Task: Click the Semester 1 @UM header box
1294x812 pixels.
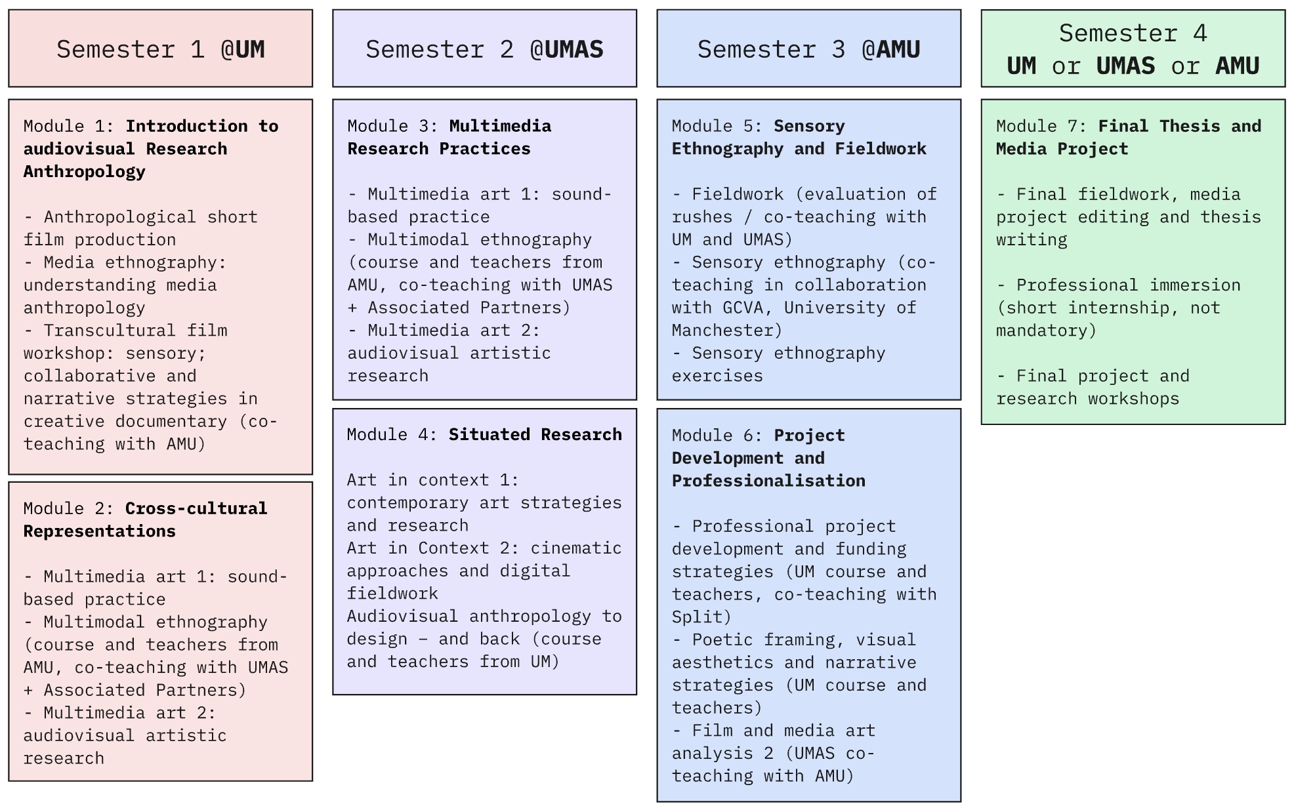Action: [x=160, y=49]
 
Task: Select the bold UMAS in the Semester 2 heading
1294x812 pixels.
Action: [x=566, y=50]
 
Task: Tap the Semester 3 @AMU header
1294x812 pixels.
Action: [x=808, y=49]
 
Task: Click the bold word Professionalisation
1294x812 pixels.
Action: [x=768, y=481]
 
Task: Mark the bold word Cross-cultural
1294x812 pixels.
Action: [x=196, y=508]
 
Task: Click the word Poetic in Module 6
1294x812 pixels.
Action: [x=722, y=639]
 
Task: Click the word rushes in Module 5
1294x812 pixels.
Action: [x=701, y=216]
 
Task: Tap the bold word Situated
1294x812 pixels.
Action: [x=489, y=434]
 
